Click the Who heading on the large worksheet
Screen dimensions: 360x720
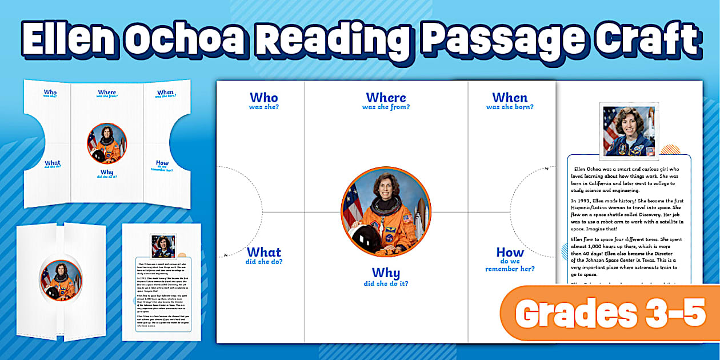click(x=263, y=98)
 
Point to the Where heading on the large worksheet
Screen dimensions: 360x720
click(x=386, y=98)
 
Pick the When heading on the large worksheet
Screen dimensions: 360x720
click(x=510, y=98)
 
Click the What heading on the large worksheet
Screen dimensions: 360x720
click(x=263, y=253)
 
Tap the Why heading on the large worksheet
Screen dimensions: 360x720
click(x=386, y=273)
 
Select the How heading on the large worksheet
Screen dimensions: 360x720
click(x=510, y=253)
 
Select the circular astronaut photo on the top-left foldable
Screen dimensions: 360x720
click(x=106, y=143)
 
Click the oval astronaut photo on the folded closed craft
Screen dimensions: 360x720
click(x=61, y=280)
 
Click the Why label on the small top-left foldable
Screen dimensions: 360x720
click(x=106, y=172)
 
